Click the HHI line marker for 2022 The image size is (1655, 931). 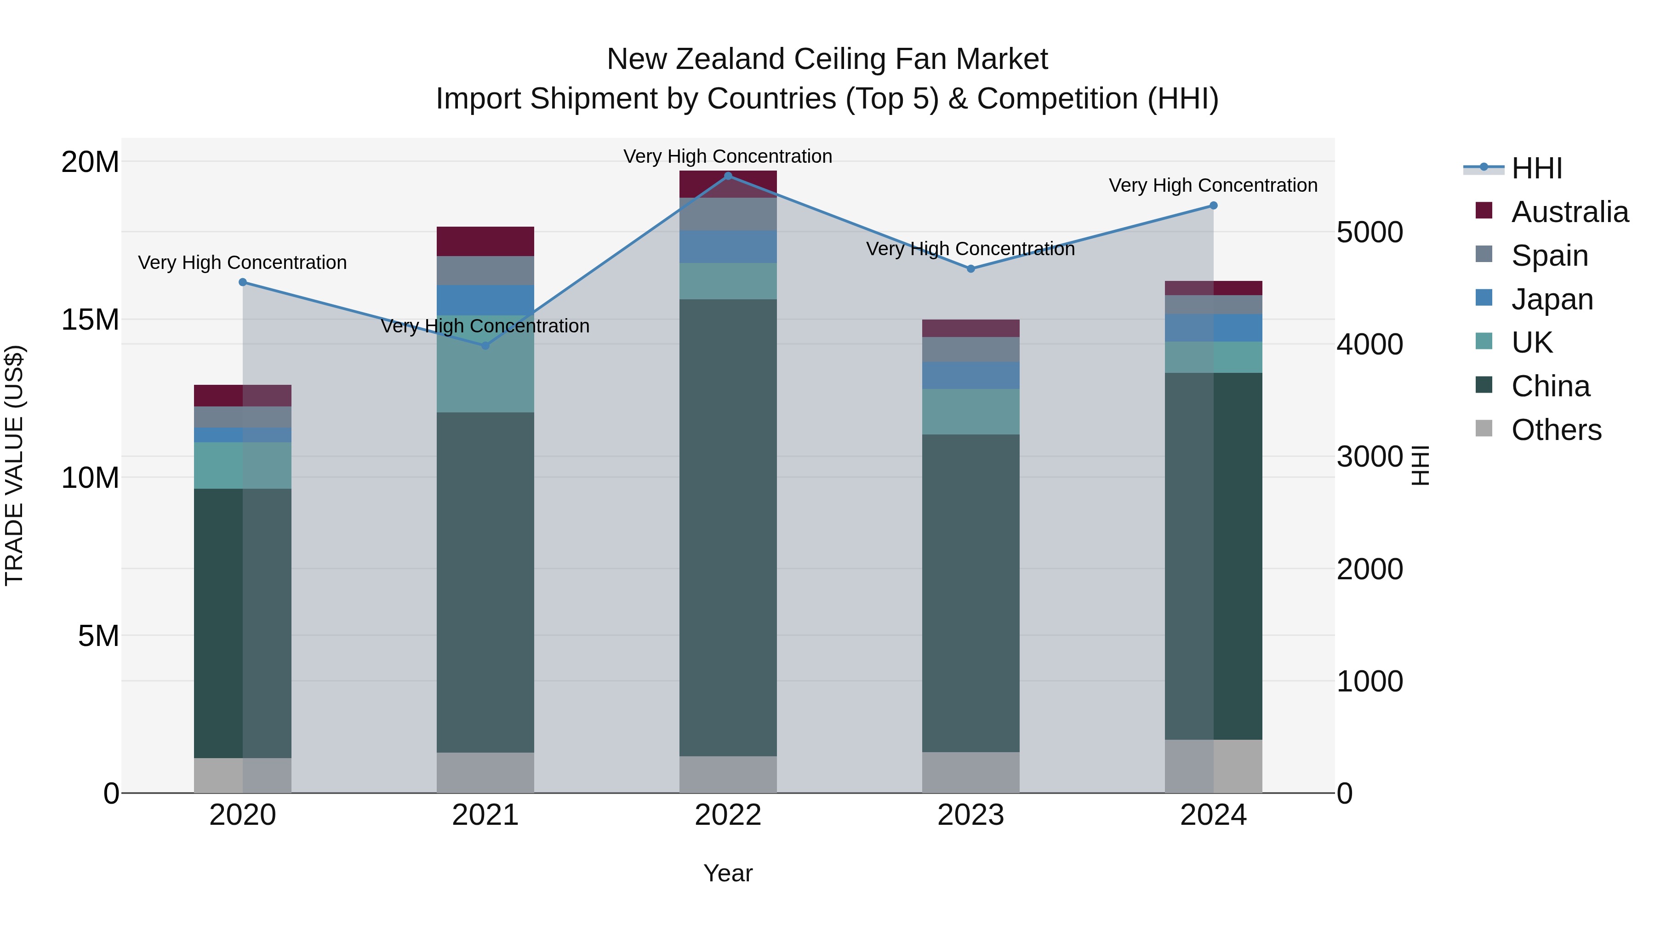tap(728, 176)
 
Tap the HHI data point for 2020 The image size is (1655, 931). tap(243, 282)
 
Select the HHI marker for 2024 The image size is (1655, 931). tap(1213, 206)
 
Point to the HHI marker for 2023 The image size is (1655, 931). tap(971, 268)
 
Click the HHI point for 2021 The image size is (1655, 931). tap(486, 346)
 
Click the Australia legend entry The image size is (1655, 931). tap(1569, 212)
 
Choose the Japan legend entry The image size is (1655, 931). tap(1552, 299)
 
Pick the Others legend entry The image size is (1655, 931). tap(1556, 430)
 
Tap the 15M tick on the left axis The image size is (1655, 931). tap(90, 320)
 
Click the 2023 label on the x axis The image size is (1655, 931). tap(971, 815)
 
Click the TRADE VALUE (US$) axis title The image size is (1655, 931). tap(14, 465)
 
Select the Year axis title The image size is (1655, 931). tap(728, 873)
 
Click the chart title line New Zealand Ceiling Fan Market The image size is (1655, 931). tap(827, 59)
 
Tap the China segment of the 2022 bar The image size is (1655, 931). tap(728, 527)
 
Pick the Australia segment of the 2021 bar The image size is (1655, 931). tap(486, 241)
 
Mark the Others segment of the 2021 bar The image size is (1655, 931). tap(486, 772)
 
